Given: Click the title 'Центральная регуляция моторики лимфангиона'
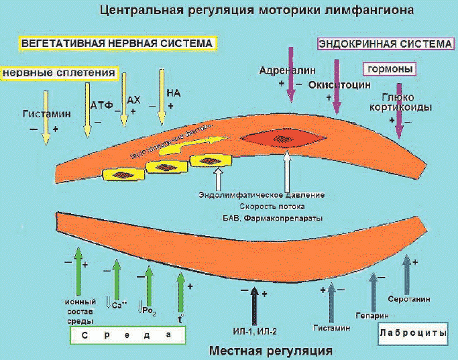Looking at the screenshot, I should [255, 11].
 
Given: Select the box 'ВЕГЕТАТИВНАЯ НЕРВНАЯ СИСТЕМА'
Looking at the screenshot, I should [117, 43].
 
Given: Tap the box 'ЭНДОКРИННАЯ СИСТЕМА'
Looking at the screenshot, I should [385, 44].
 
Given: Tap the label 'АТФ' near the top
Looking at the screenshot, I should [99, 105].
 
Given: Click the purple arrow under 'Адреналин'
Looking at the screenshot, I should [290, 74].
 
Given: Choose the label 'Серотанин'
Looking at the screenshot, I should [408, 298].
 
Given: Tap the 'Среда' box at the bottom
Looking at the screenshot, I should [127, 335].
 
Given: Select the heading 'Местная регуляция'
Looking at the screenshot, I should [271, 351].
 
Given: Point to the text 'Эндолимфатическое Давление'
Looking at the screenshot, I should [262, 195].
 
